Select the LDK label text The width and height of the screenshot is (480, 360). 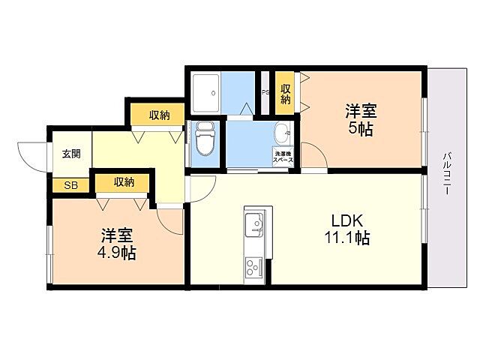coord(348,221)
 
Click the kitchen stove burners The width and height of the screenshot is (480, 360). coord(252,266)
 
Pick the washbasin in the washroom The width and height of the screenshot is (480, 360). coord(283,134)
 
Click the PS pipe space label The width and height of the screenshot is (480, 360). coord(265,93)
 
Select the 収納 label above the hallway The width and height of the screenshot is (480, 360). coord(158,115)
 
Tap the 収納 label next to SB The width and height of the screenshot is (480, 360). coord(124,181)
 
